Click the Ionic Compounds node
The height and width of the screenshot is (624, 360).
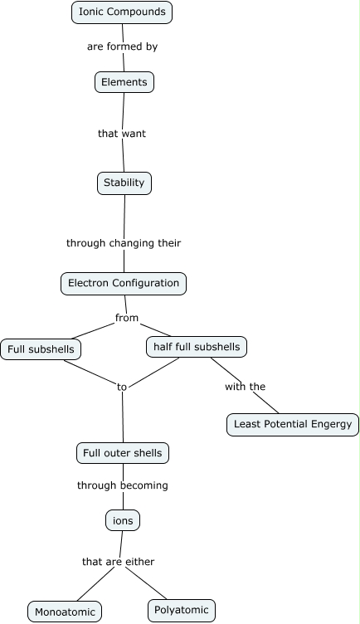point(122,12)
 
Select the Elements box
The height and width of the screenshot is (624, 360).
point(124,82)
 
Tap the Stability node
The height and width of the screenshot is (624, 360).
point(124,183)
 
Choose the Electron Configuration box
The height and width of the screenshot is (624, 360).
point(124,283)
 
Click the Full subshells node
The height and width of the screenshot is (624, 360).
point(41,349)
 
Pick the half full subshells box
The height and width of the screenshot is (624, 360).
point(197,347)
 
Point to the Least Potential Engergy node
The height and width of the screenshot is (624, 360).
point(292,424)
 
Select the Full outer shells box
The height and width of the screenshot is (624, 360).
point(123,453)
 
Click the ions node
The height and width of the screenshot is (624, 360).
point(123,520)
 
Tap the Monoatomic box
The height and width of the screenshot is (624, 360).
point(65,612)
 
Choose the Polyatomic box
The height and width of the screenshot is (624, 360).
point(182,611)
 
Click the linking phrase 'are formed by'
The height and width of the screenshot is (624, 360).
point(122,46)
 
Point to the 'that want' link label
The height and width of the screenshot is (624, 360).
point(122,133)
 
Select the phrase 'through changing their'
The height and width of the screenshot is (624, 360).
point(124,243)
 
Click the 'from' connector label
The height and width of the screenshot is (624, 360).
point(127,318)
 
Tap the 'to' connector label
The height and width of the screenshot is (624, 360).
point(122,387)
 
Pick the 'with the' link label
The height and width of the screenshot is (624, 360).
point(245,387)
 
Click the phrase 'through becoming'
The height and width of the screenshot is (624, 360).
point(123,485)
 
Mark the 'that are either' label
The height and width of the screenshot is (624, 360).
point(119,562)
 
